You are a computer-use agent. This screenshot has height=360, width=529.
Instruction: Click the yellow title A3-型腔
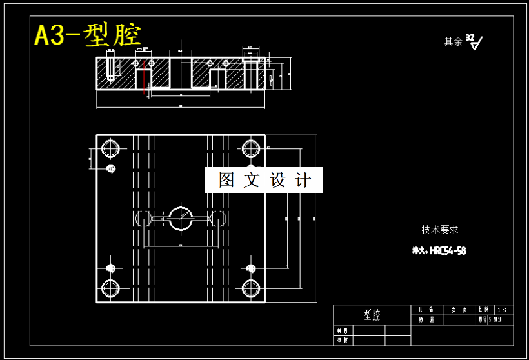click(x=88, y=34)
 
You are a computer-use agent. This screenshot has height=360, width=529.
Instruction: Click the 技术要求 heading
click(x=440, y=230)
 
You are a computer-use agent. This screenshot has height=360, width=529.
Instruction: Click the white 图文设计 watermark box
click(x=264, y=180)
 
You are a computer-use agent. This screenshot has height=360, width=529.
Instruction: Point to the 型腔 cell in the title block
click(x=372, y=315)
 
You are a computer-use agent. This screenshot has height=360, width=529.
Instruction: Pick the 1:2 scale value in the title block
click(x=502, y=310)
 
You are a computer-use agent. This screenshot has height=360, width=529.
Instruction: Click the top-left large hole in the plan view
click(x=110, y=148)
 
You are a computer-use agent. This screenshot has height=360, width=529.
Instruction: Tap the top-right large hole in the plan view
click(x=252, y=148)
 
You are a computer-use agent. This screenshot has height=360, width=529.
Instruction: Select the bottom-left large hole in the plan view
click(x=110, y=288)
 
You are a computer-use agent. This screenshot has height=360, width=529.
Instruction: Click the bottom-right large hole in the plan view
click(x=252, y=288)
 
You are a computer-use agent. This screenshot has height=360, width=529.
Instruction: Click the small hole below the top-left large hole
click(x=111, y=168)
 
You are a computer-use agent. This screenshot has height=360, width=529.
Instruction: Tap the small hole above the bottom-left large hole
click(x=110, y=268)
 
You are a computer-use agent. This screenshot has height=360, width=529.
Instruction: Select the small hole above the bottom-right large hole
click(x=252, y=268)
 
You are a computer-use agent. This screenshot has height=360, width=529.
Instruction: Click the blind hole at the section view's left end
click(x=111, y=68)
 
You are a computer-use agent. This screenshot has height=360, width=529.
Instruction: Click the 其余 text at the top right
click(x=453, y=42)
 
